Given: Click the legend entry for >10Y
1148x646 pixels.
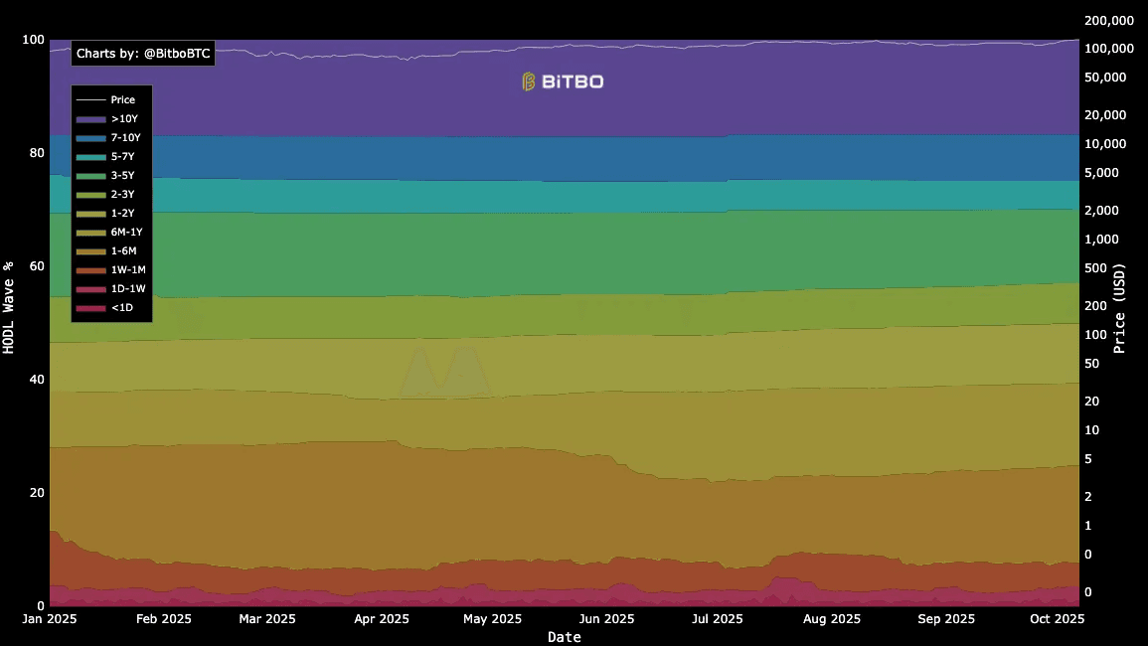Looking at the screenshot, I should [x=110, y=118].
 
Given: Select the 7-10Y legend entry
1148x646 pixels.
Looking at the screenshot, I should [x=110, y=137].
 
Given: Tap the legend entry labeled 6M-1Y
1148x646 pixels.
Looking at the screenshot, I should [x=110, y=232].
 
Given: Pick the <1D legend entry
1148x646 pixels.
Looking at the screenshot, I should [x=110, y=308].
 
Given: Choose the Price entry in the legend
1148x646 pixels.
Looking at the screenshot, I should [x=110, y=99].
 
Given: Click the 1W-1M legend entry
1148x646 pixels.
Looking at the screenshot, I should [x=110, y=269].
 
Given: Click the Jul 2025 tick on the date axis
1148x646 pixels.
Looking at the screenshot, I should [x=717, y=618].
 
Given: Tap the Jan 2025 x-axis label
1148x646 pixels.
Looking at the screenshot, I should [x=49, y=618].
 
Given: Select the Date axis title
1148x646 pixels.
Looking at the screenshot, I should [x=564, y=637].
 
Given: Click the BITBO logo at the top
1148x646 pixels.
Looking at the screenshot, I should [x=563, y=81].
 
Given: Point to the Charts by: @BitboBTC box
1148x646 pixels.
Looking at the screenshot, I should [x=143, y=54].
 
